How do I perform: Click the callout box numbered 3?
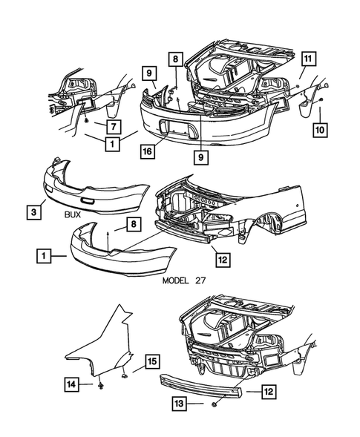[33, 212]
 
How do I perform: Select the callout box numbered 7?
[114, 127]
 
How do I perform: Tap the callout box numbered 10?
[320, 130]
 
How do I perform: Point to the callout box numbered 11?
[307, 59]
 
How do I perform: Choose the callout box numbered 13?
[180, 403]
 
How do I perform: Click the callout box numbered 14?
[71, 384]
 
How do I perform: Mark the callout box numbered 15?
[152, 362]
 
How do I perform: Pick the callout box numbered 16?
[148, 151]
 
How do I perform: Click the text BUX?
[73, 215]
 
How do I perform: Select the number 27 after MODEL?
[200, 280]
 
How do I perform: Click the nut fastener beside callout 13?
[215, 404]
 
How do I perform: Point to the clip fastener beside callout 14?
[101, 386]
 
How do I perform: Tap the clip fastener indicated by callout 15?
[125, 376]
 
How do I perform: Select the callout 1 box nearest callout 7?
[112, 144]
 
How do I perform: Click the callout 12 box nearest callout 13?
[268, 392]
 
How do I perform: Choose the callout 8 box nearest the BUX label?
[134, 224]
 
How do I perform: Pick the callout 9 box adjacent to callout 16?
[201, 157]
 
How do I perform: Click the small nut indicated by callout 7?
[87, 120]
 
